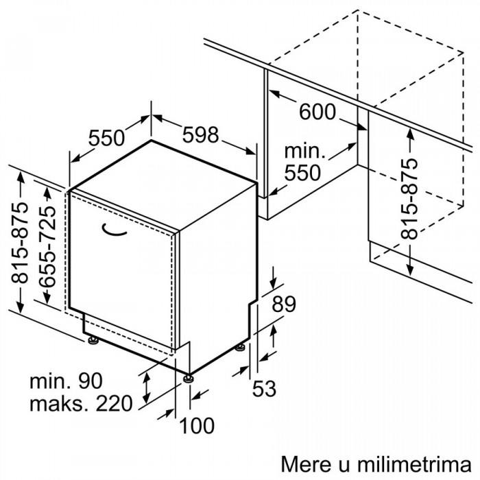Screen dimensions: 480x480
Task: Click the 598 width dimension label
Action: point(200,135)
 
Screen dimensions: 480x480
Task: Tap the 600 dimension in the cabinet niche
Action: point(317,111)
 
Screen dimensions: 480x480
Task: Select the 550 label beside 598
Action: point(106,138)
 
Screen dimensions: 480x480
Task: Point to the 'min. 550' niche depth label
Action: point(304,163)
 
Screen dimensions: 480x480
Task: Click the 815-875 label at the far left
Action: point(19,243)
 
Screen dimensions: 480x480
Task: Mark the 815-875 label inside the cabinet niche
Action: point(409,198)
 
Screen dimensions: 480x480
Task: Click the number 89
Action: point(284,304)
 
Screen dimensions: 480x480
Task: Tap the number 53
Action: point(264,388)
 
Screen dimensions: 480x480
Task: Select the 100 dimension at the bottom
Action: point(197,426)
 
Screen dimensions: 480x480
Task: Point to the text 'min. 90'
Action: point(66,381)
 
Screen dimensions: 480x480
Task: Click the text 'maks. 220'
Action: point(81,403)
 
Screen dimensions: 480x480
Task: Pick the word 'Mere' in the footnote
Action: point(306,464)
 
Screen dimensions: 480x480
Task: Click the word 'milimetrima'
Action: point(414,464)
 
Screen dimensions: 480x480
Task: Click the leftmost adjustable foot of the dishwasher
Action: point(93,340)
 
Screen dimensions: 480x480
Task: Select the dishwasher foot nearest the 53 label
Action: point(240,348)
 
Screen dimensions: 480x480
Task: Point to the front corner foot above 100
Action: point(188,379)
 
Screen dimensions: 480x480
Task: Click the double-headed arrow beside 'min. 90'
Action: point(147,388)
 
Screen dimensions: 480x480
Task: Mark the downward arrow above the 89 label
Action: point(274,277)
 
